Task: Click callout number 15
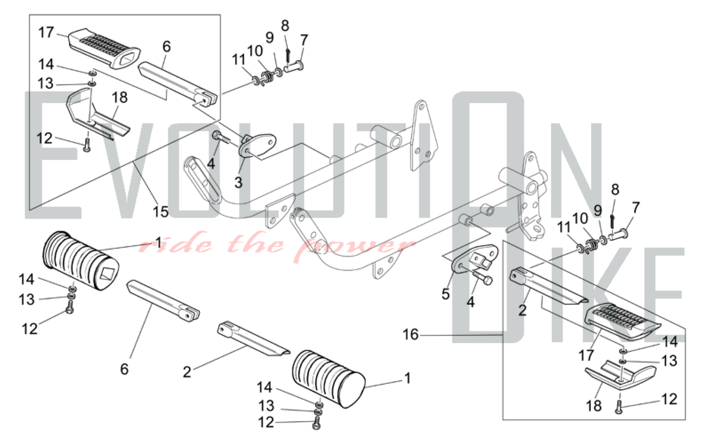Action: point(160,212)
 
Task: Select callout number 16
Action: point(411,335)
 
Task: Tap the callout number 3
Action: point(238,183)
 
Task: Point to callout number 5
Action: point(445,294)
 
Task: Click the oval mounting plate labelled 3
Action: point(258,144)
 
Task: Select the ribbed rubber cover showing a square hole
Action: point(81,261)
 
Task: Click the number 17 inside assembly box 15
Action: point(46,33)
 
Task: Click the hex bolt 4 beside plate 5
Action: point(481,277)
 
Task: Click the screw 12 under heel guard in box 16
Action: point(619,407)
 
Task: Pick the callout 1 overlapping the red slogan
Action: point(159,243)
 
